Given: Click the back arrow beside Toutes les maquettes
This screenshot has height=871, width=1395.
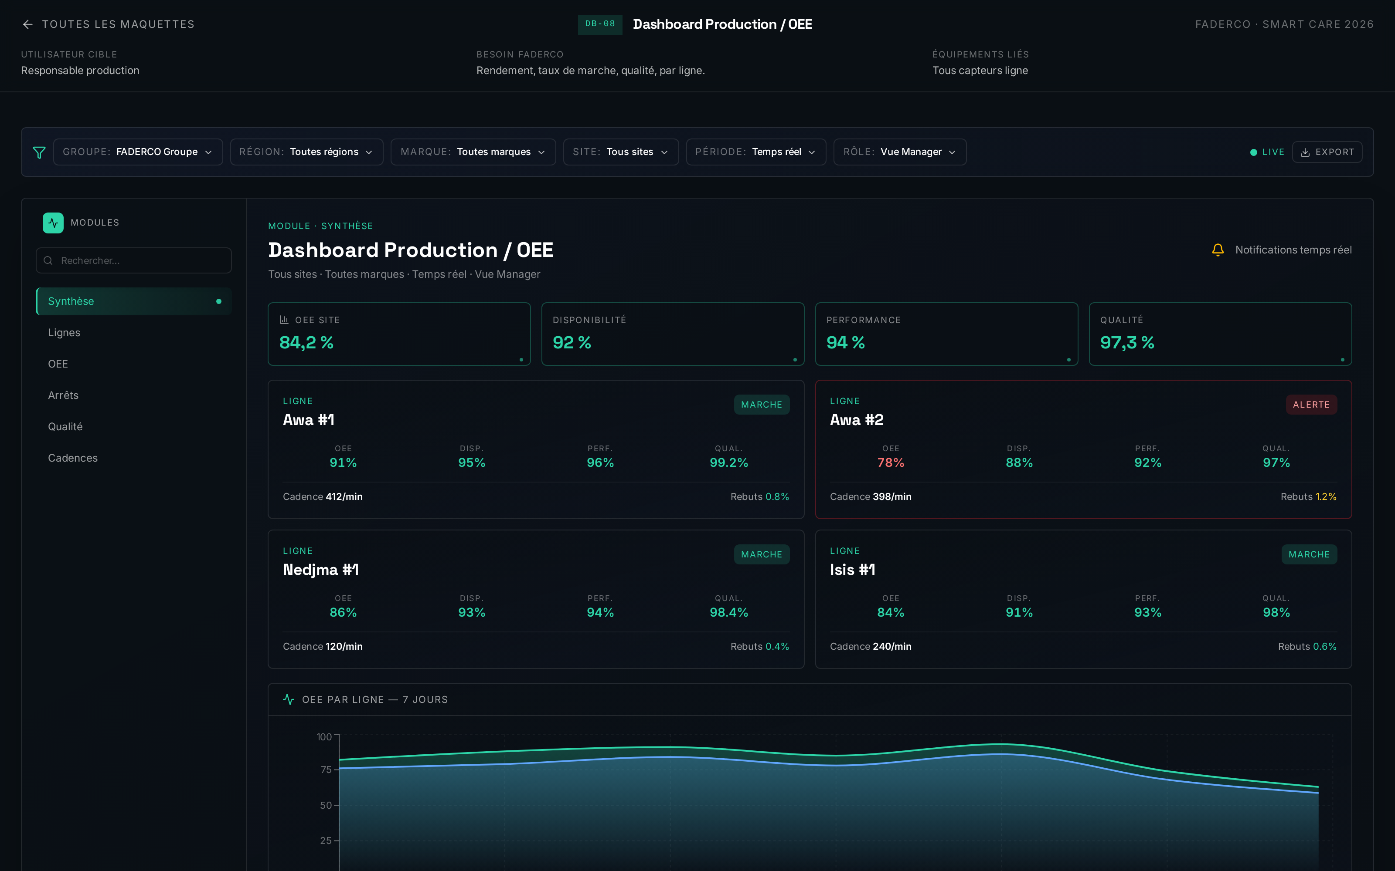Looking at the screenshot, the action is click(27, 24).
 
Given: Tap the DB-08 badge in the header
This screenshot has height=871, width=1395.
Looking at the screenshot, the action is click(600, 24).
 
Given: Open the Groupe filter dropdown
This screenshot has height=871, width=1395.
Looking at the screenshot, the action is click(138, 152).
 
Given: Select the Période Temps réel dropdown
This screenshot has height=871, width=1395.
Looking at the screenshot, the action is click(756, 152).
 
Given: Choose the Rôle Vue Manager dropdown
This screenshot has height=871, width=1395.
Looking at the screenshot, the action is click(900, 152).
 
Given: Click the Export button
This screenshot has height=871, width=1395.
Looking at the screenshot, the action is click(1327, 152).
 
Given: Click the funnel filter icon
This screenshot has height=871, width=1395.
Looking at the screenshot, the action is click(39, 152).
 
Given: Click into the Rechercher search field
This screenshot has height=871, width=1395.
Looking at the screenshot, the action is click(134, 260).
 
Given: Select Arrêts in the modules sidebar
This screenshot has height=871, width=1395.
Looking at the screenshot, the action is click(63, 395).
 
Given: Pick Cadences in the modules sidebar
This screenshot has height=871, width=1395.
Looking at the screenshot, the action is click(73, 458).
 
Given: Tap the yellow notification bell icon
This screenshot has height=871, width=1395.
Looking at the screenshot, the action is click(1218, 250).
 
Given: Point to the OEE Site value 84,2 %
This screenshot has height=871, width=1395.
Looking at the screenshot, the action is click(306, 343).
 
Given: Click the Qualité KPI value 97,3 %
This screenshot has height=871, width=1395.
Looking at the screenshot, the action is click(1127, 343).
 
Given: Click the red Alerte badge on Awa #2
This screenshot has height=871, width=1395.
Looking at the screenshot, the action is click(1311, 405).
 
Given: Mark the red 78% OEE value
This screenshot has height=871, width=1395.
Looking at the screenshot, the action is click(891, 463).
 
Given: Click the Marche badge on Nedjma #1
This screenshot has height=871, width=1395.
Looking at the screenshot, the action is click(762, 554).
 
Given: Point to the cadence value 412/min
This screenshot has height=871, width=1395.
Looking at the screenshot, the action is click(344, 496).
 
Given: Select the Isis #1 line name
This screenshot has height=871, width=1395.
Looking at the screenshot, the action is click(853, 570).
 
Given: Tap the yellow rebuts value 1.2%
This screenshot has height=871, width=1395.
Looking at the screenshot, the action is click(1326, 496).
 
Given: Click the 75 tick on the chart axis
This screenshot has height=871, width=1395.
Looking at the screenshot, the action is click(326, 770).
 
